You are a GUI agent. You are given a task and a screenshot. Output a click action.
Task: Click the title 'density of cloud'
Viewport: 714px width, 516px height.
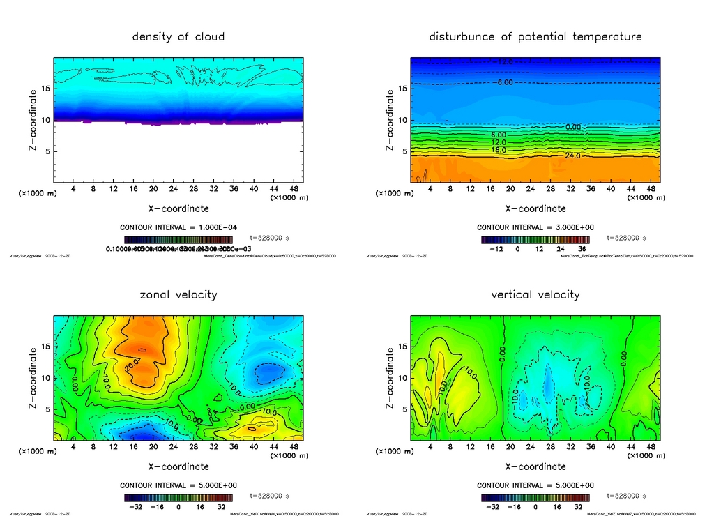(x=178, y=36)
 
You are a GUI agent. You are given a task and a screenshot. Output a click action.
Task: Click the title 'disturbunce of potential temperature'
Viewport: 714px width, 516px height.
(x=535, y=36)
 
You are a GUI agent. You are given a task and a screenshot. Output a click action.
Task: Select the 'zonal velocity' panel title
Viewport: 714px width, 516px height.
(x=178, y=294)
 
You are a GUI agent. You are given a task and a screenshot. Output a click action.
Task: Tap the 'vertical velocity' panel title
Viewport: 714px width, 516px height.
(x=535, y=294)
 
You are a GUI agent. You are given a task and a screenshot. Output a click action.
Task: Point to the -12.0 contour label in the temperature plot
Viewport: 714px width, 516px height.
(x=503, y=62)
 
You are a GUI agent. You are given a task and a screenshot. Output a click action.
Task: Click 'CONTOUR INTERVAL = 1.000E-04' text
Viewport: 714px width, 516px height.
(x=178, y=227)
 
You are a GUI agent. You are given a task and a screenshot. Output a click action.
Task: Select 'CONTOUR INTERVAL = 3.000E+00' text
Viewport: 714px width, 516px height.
(x=535, y=227)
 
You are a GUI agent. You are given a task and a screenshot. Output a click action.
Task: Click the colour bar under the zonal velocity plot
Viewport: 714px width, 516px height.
(x=178, y=498)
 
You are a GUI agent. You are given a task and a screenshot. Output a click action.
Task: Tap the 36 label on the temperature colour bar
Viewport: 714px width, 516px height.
(x=578, y=248)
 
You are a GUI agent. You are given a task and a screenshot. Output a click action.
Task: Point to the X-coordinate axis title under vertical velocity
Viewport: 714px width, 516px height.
(x=535, y=466)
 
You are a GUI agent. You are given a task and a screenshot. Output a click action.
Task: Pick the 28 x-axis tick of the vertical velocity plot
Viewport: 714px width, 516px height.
(x=550, y=447)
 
